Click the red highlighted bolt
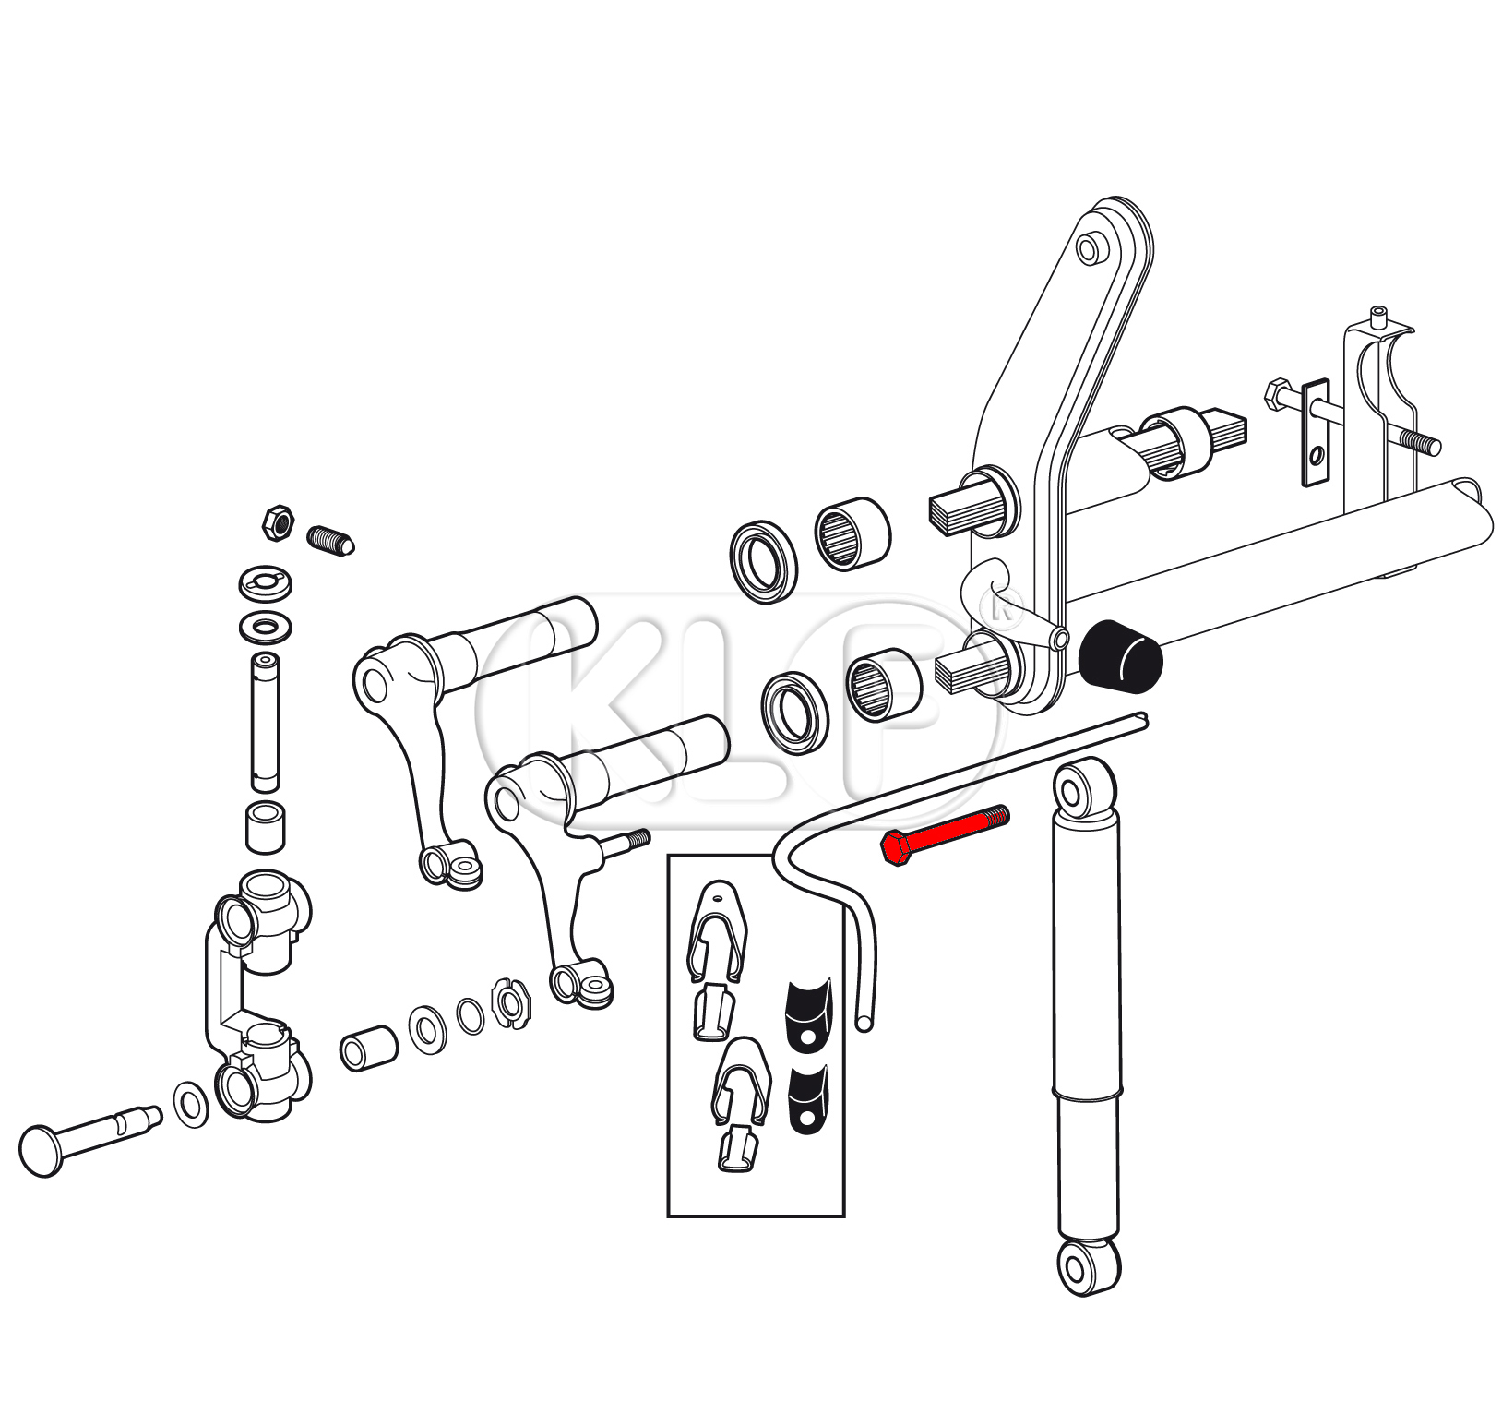pos(946,833)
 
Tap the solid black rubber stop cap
pos(1120,655)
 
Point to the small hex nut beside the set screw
pos(278,522)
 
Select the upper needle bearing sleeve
pos(852,533)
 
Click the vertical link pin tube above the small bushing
pos(266,723)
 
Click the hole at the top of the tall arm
pos(1090,249)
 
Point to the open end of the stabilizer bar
pos(864,1023)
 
